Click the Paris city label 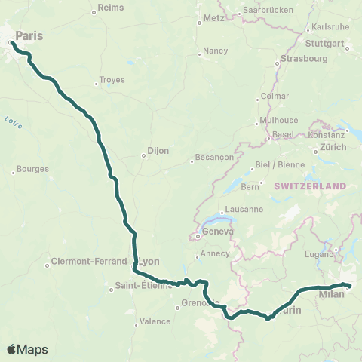[29, 35]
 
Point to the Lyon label [151, 262]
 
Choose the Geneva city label [219, 232]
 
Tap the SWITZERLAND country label [310, 186]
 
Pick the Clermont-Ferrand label [88, 262]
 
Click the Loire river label [13, 121]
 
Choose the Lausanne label [244, 210]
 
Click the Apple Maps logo [27, 349]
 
